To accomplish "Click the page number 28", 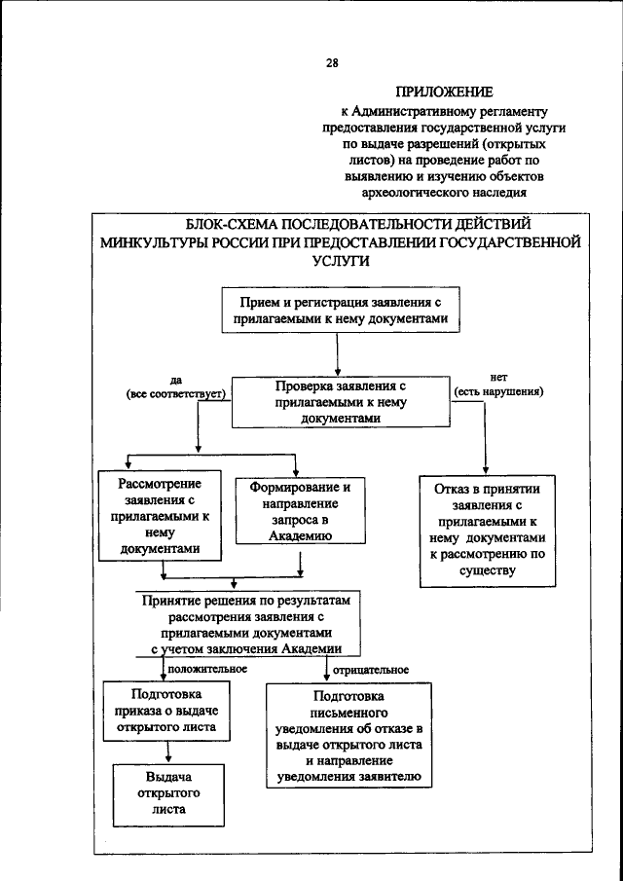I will pos(332,63).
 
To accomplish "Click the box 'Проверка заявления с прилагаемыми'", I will pos(334,400).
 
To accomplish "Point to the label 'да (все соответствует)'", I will pos(175,386).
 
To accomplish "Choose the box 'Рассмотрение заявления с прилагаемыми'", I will pos(161,516).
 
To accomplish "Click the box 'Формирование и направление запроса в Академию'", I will pos(299,509).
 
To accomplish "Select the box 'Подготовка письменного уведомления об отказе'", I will pos(348,736).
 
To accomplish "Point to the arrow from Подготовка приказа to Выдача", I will pos(169,752).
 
